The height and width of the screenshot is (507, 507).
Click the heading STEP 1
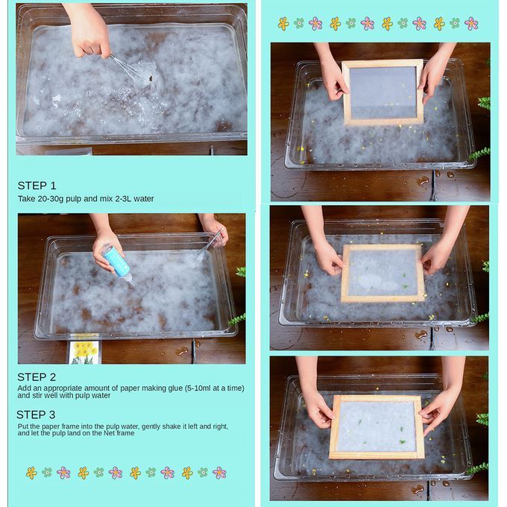37,186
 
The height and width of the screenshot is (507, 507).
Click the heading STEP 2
37,377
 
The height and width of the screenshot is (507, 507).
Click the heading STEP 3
36,415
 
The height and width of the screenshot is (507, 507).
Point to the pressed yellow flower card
84,349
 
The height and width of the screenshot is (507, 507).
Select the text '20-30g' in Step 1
51,199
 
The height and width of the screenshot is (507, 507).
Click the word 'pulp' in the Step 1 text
73,199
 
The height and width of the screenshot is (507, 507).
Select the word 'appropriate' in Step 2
62,388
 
